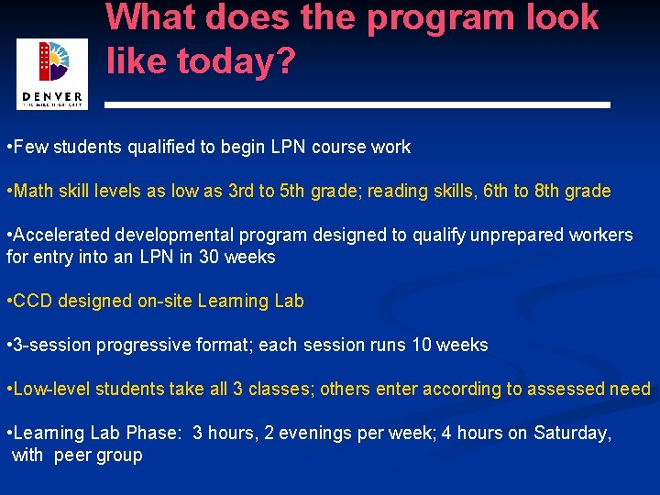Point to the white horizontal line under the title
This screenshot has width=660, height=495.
(x=357, y=105)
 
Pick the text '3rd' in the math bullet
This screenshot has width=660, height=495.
(x=240, y=191)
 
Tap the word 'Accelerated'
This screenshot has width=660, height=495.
(x=63, y=236)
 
